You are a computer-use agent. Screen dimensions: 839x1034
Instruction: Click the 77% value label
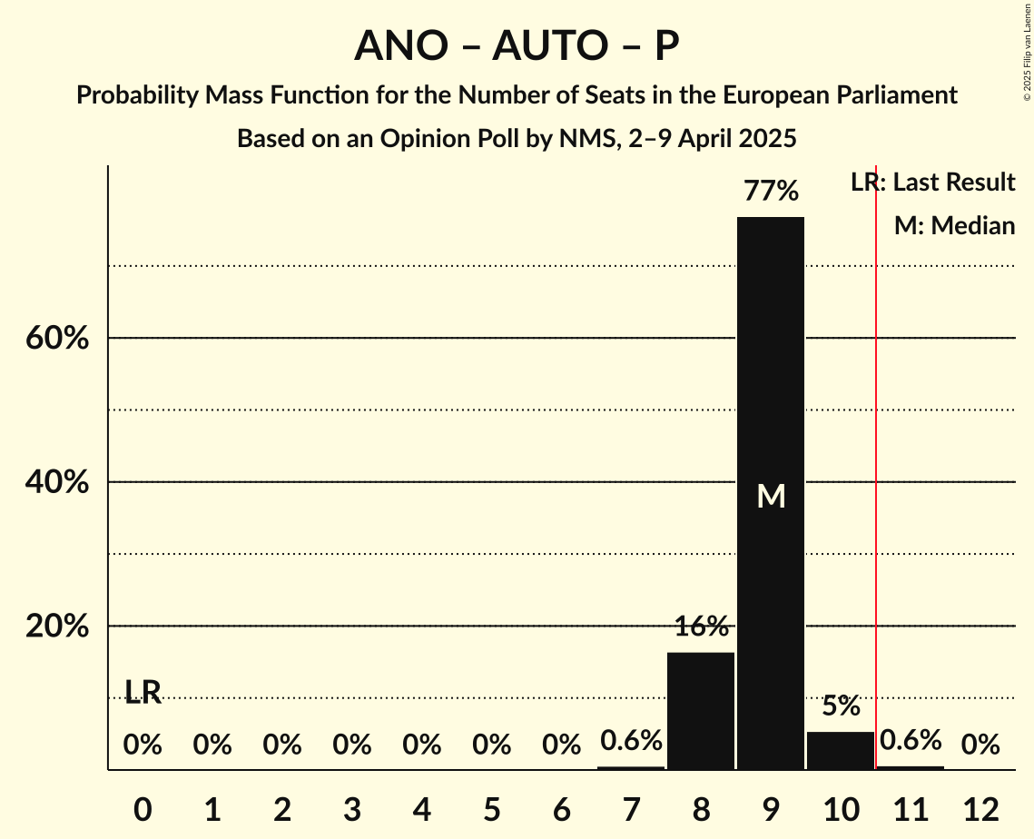770,192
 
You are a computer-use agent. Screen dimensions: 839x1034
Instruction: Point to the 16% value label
700,627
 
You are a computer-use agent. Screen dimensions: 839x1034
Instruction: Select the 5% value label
840,706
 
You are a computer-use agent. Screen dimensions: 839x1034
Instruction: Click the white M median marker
771,496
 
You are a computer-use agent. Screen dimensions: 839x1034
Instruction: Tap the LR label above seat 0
143,693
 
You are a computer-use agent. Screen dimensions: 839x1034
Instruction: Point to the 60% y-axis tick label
57,339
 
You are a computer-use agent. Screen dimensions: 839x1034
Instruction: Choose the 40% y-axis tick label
57,482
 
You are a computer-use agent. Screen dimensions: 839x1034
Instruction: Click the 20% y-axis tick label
57,627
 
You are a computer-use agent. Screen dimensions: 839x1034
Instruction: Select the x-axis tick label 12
980,809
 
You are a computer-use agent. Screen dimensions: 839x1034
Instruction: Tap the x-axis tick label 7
631,809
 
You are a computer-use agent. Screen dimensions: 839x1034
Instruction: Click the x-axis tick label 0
143,809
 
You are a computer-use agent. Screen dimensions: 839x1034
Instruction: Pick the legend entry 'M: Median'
954,225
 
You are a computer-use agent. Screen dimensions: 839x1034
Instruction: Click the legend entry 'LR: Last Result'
932,183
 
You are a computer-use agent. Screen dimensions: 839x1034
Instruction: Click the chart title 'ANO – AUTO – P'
517,45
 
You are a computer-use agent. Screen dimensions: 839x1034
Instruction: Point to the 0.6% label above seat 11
910,741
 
